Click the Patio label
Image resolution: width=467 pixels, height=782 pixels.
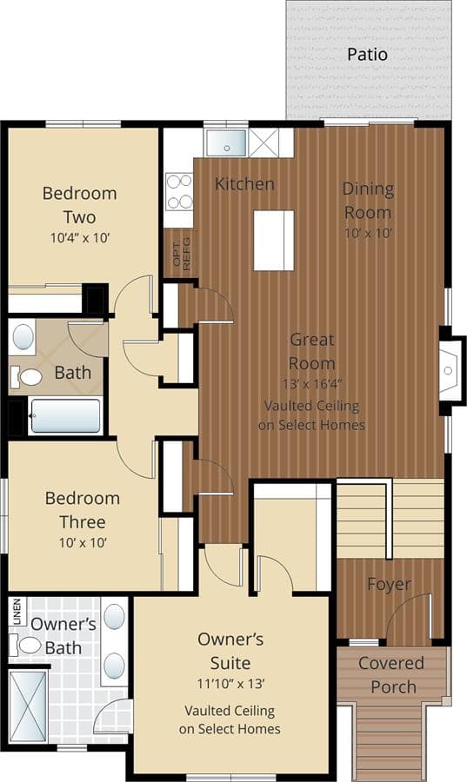point(367,55)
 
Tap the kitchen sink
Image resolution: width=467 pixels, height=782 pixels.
point(226,142)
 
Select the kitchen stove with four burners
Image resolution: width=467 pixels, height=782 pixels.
point(179,191)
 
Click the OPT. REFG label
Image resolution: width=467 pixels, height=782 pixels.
point(182,254)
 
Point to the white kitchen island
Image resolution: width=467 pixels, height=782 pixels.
point(273,241)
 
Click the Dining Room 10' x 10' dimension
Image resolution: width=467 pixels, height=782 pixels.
point(368,233)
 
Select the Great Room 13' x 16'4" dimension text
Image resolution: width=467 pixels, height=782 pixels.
point(312,383)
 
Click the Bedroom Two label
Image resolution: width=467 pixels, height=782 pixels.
point(80,205)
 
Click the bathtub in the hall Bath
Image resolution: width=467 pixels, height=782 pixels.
point(65,416)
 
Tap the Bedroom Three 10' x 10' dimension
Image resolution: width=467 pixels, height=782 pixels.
point(83,542)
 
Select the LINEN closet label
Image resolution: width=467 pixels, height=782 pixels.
point(17,612)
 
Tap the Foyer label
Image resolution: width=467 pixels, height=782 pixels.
point(390,584)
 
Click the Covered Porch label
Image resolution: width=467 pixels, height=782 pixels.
point(391,675)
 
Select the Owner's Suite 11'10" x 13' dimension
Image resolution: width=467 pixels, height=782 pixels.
point(230,683)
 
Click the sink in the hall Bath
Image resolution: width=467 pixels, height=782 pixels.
point(23,337)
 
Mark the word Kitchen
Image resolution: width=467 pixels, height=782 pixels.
point(244,184)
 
